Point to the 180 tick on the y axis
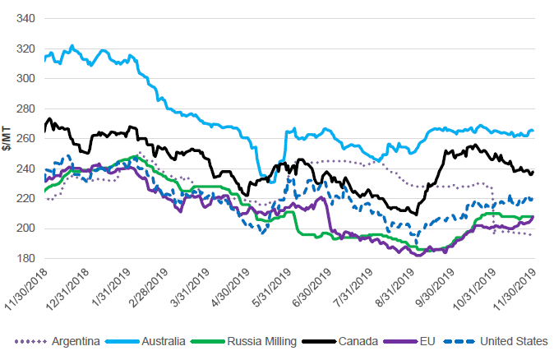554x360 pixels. [x=25, y=257]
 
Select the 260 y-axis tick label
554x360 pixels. [x=25, y=138]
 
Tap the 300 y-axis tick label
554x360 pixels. [x=25, y=78]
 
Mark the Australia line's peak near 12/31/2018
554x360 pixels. [x=72, y=46]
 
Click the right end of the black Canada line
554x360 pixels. [x=533, y=172]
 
